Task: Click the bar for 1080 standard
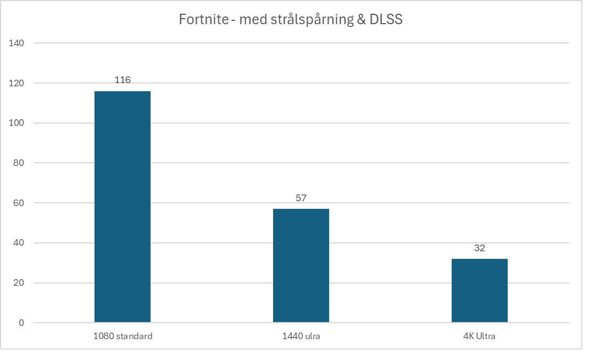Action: pyautogui.click(x=123, y=206)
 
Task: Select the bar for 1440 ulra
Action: pyautogui.click(x=301, y=265)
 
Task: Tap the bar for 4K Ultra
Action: pyautogui.click(x=479, y=290)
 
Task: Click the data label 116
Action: pyautogui.click(x=123, y=80)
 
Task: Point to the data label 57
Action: pyautogui.click(x=301, y=198)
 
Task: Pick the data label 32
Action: pyautogui.click(x=479, y=248)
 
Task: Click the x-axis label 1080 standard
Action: pyautogui.click(x=123, y=336)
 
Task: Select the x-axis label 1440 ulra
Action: pyautogui.click(x=301, y=336)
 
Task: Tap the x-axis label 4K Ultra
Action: pyautogui.click(x=479, y=336)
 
